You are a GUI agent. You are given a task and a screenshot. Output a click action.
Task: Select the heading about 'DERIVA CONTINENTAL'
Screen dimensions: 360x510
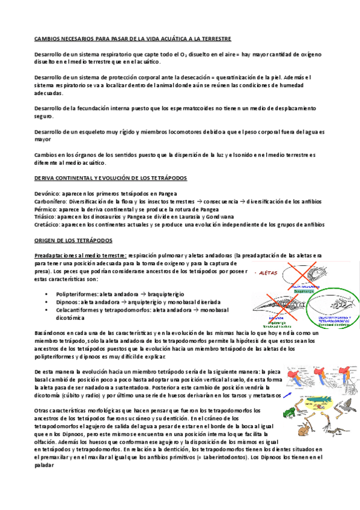(x=111, y=179)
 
